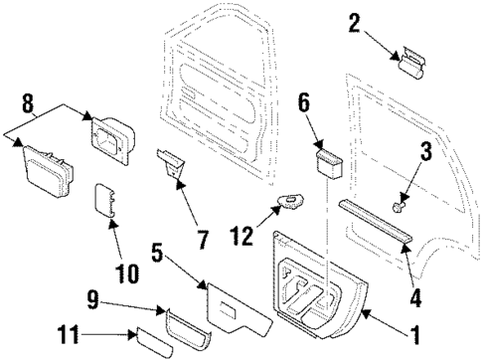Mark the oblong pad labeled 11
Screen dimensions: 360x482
[x=160, y=344]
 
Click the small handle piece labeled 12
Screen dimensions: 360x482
[x=292, y=205]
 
